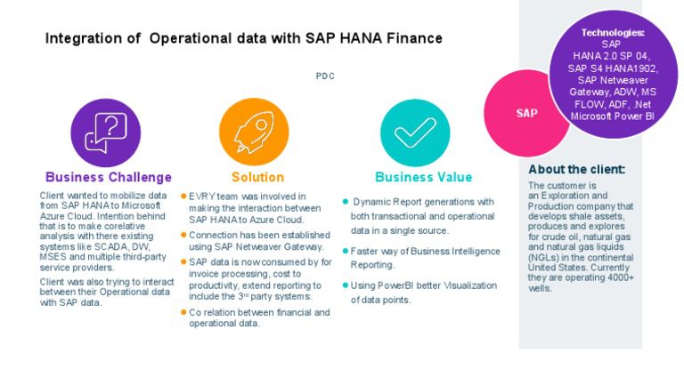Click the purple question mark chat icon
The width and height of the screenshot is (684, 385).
point(105,130)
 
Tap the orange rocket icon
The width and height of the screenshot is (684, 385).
point(253,130)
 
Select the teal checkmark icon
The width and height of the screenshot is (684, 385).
point(415,130)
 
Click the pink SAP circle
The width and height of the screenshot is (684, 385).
point(525,113)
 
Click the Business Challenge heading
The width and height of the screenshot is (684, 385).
point(108,177)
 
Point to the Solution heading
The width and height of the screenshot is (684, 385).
point(257,177)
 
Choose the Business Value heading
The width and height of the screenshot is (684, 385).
point(423,177)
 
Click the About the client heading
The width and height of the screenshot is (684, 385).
point(576,169)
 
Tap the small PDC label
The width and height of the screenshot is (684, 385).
point(325,76)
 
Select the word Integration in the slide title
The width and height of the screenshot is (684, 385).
point(83,39)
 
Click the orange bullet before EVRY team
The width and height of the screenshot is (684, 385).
point(183,196)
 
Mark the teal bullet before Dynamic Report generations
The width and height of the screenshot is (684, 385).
point(346,202)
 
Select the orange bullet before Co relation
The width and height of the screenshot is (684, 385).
point(183,312)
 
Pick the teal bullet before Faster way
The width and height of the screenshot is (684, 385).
point(346,252)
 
